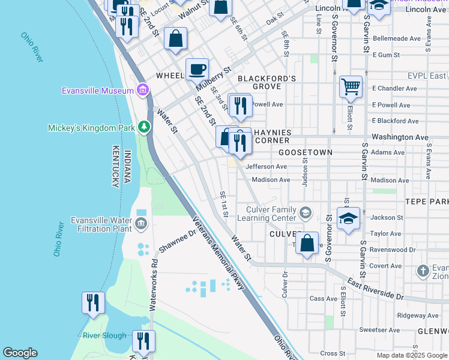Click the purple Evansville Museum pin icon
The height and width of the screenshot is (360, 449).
[x=143, y=91]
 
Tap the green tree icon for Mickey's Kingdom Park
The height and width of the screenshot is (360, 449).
[x=143, y=127]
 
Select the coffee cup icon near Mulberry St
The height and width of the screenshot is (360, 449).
[x=197, y=69]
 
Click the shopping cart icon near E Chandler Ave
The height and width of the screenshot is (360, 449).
[x=351, y=86]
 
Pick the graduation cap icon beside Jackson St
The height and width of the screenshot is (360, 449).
[x=348, y=219]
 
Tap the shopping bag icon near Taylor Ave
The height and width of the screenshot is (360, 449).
[x=307, y=244]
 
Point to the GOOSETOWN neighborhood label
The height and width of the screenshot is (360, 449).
[x=306, y=152]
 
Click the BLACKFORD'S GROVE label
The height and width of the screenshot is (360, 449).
[x=267, y=83]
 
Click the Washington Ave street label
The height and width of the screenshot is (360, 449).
[x=400, y=137]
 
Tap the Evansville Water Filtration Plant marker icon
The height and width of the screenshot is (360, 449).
[x=141, y=224]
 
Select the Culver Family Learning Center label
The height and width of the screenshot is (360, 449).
[x=272, y=214]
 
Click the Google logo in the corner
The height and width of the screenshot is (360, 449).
[x=20, y=353]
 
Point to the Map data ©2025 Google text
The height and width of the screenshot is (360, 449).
[x=411, y=355]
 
